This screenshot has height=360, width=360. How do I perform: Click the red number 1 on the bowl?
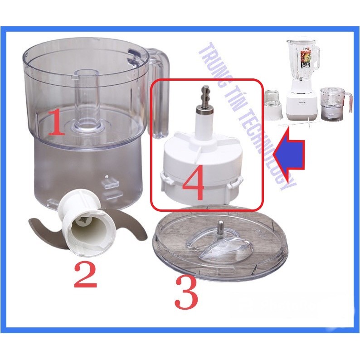pyautogui.click(x=56, y=122)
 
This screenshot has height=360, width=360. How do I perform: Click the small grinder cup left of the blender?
pyautogui.click(x=273, y=105)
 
